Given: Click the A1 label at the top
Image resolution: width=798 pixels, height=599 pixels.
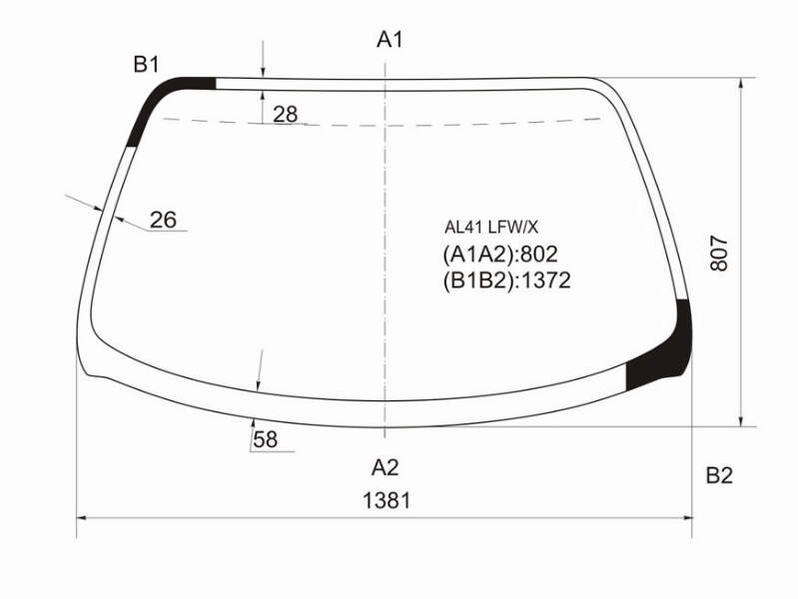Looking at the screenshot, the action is [x=390, y=39].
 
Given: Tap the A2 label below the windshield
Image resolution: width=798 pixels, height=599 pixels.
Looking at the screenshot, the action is [x=386, y=466].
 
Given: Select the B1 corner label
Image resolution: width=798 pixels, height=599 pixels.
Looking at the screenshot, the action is [x=147, y=65].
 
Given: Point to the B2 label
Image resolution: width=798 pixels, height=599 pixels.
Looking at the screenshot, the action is [x=719, y=475].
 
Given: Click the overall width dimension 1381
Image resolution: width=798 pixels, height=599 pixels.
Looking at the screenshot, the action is [x=387, y=501].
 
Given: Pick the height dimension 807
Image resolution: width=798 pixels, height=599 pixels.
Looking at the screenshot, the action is [x=720, y=253].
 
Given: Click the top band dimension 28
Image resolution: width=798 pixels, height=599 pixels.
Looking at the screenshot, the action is [x=285, y=115].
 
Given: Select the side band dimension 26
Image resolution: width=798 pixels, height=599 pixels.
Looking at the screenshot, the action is [x=163, y=220].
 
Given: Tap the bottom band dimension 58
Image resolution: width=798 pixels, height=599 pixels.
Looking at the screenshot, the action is [x=265, y=439].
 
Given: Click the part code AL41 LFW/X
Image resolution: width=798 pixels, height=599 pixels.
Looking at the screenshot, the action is [x=490, y=228].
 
